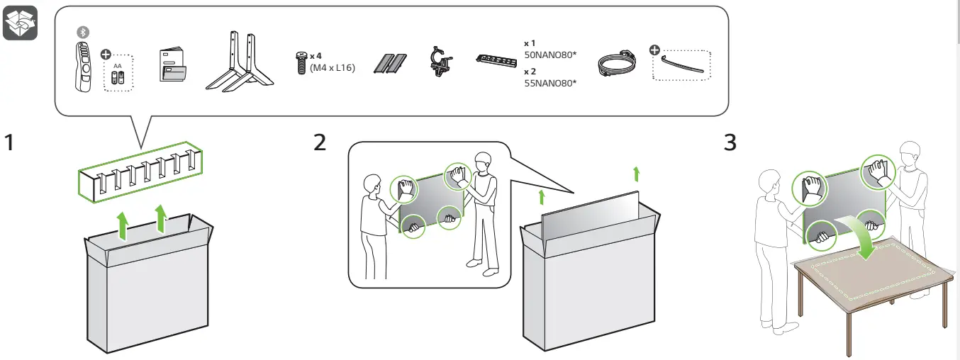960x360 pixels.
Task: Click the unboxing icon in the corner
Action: coord(20,23)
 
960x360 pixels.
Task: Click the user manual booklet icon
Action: coord(173,66)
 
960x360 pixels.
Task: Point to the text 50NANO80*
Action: coord(549,53)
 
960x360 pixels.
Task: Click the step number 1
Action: coord(10,142)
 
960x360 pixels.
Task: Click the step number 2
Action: coord(320,142)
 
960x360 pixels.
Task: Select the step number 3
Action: coord(730,142)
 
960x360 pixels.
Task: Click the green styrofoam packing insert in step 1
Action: coord(139,175)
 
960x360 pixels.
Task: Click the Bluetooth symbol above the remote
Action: coord(82,33)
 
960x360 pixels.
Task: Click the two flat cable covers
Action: coord(391,64)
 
